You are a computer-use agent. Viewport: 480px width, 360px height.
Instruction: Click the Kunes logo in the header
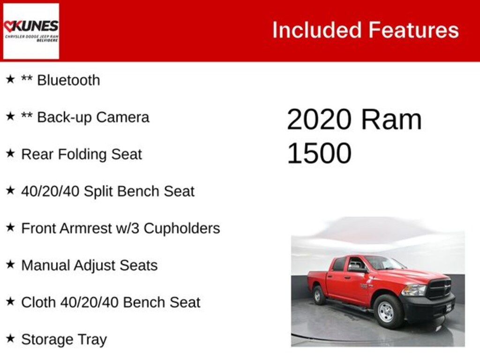(31, 31)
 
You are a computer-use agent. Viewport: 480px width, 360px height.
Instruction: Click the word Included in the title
(317, 30)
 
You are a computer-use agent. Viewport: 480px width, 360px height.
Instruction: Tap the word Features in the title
(413, 30)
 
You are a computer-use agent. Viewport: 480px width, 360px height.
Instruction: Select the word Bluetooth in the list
(68, 80)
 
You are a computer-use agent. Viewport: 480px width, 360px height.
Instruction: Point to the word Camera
(122, 117)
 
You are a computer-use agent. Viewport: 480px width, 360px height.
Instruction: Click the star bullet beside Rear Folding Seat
(10, 153)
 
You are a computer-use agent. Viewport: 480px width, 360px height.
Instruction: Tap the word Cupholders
(182, 229)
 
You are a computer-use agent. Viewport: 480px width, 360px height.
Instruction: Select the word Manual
(45, 265)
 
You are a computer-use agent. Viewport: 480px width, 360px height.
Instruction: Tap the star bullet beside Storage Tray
(10, 338)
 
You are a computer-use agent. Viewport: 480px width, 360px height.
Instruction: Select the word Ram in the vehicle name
(391, 120)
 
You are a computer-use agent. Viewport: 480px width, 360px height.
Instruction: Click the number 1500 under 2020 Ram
(319, 153)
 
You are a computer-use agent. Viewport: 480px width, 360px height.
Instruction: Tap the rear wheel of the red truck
(319, 295)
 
